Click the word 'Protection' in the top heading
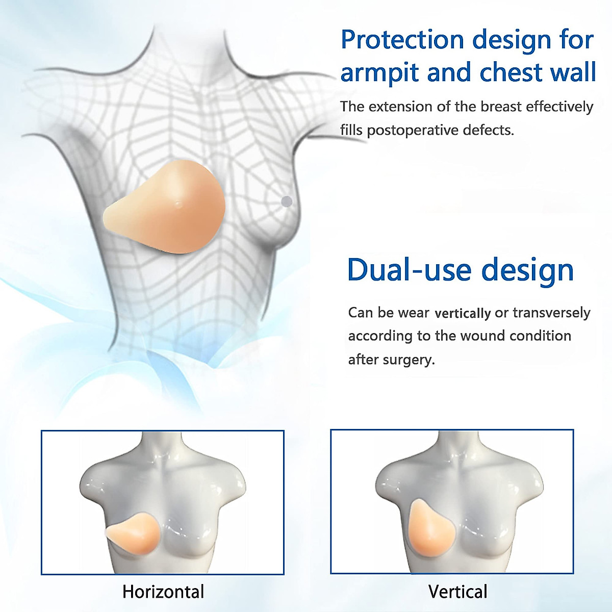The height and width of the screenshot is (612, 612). tap(402, 40)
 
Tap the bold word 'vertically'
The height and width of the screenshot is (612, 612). tap(463, 313)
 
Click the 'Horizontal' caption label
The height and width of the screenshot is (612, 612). tap(163, 592)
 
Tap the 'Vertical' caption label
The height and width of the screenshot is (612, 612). tap(458, 592)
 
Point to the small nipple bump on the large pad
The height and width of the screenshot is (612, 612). tap(177, 205)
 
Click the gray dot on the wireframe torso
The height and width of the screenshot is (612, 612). tap(287, 201)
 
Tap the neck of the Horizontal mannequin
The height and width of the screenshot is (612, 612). tap(162, 449)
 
